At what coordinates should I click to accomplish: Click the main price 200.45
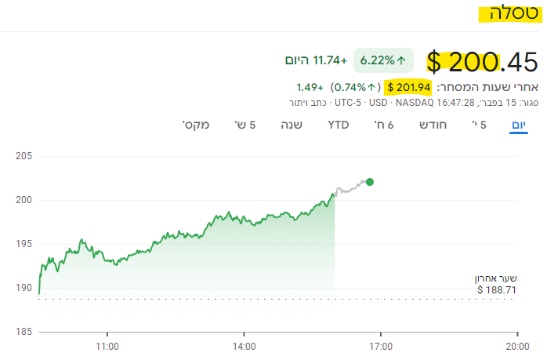(x=483, y=60)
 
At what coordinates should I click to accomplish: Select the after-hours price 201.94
(x=408, y=86)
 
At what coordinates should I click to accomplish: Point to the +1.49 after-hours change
(x=309, y=86)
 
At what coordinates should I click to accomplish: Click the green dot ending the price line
(x=370, y=182)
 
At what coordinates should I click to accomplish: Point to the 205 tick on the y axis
(x=23, y=156)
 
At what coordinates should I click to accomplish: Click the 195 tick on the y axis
(x=23, y=244)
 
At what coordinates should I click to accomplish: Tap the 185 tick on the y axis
(x=23, y=332)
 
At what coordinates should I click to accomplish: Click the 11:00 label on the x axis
(x=107, y=346)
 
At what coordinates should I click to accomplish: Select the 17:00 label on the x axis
(x=380, y=346)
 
